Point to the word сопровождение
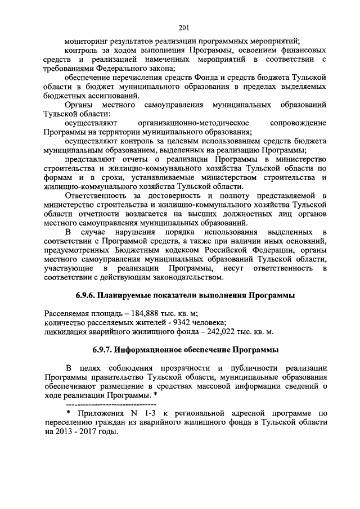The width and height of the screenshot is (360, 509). click(298, 123)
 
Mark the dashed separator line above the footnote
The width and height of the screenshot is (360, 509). click(111, 404)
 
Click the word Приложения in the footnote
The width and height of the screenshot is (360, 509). click(105, 413)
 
